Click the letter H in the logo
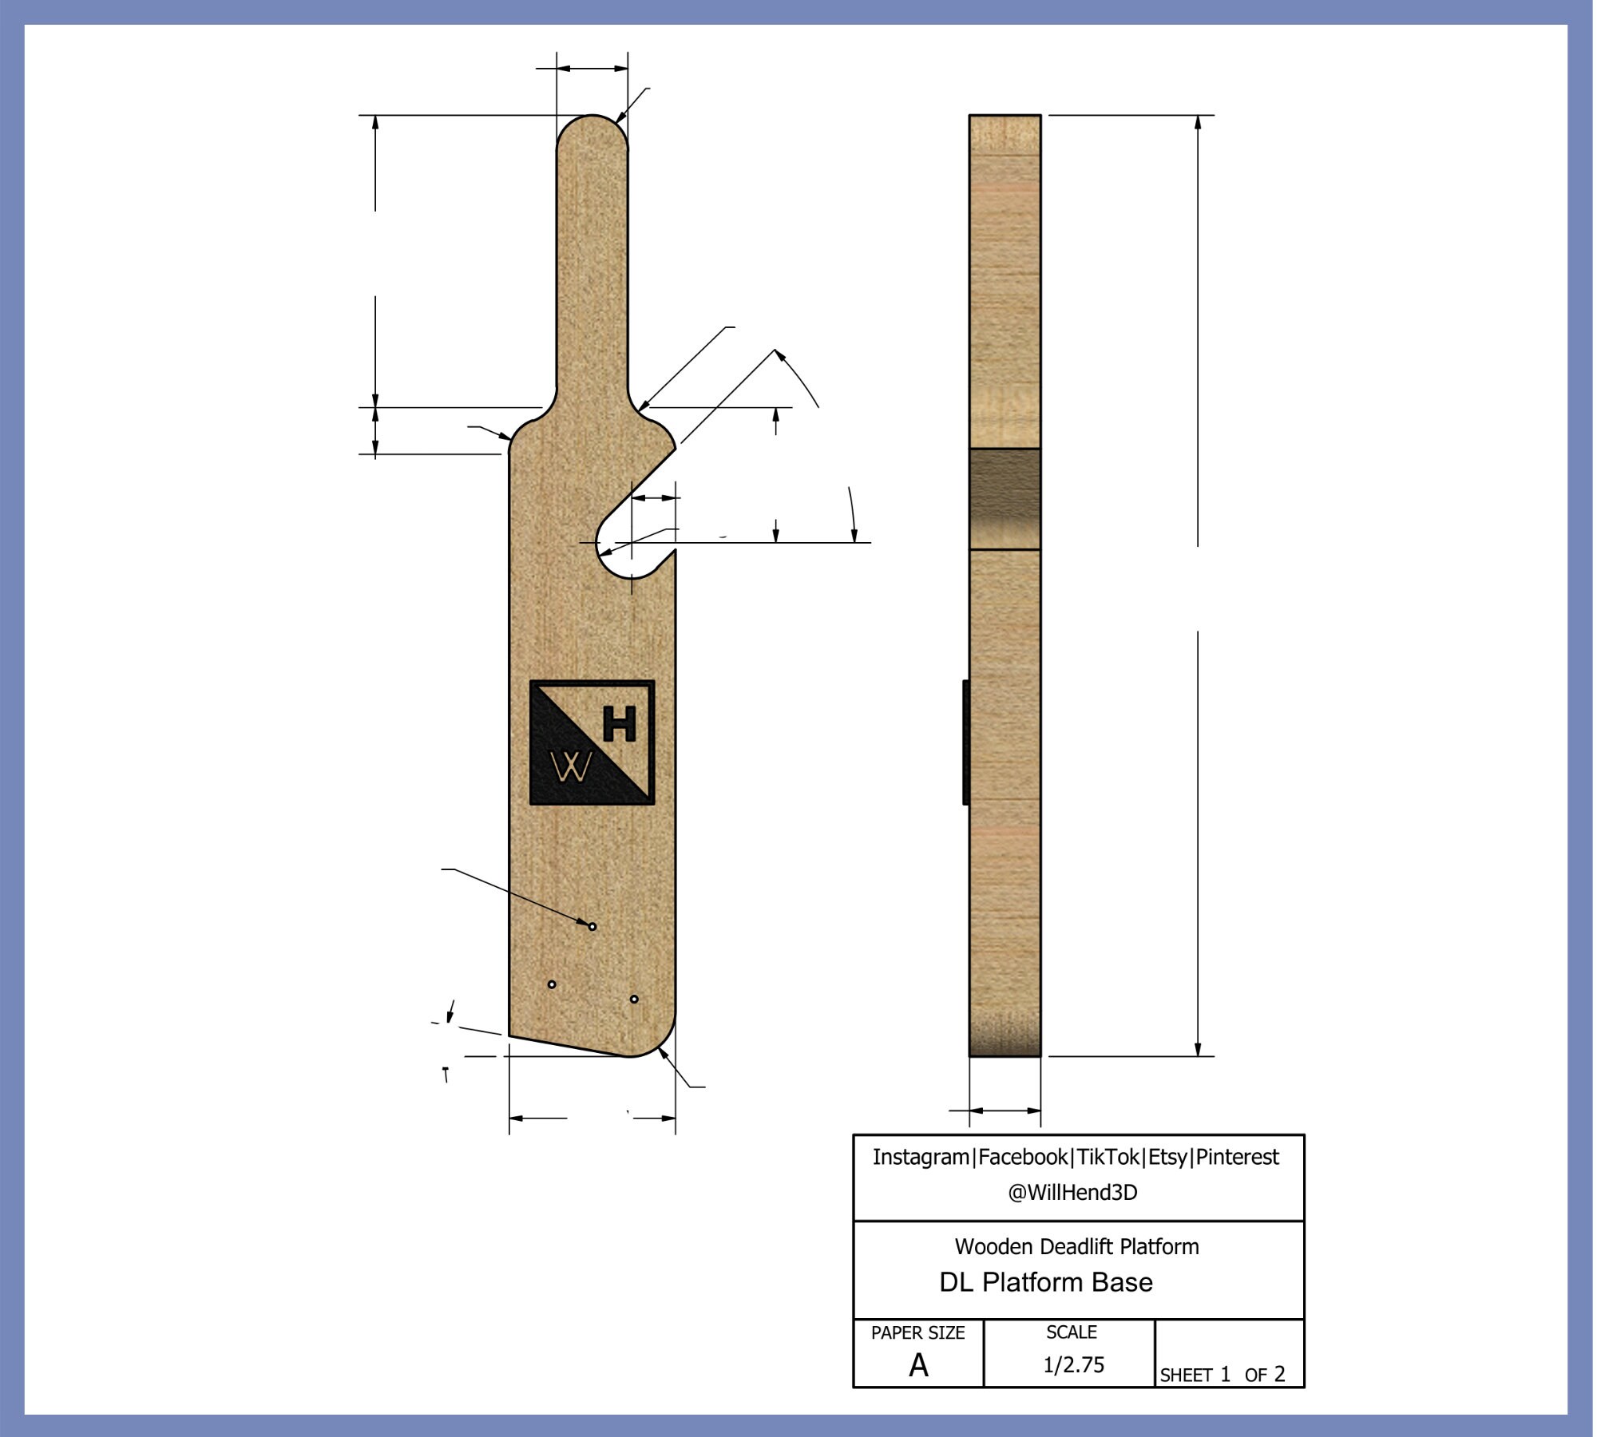coord(620,724)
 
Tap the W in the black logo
coord(572,768)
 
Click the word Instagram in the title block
coord(921,1157)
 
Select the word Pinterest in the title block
coord(1237,1157)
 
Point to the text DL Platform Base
coord(1046,1283)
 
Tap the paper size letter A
coord(918,1366)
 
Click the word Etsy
coord(1167,1157)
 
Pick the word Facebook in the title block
coord(1023,1157)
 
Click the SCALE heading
coord(1072,1332)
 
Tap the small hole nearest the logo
coord(592,927)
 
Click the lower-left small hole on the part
coord(552,984)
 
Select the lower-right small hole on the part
coord(634,999)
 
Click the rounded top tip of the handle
coord(592,120)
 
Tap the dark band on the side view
coord(1005,499)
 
